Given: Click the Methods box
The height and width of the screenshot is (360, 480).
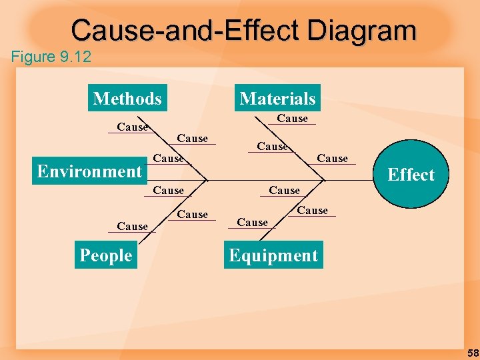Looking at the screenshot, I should (x=127, y=99).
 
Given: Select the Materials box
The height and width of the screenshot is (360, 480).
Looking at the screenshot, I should (x=277, y=99).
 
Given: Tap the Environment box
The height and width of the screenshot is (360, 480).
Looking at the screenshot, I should (x=89, y=171).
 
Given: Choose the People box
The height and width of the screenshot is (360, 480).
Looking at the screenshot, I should (x=106, y=255).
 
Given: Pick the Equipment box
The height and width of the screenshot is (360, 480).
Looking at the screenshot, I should (x=273, y=255).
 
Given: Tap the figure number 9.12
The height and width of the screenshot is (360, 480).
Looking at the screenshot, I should (x=75, y=57).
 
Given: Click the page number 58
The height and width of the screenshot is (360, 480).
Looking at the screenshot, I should (x=471, y=352).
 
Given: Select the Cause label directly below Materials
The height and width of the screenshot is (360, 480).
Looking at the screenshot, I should (x=292, y=119).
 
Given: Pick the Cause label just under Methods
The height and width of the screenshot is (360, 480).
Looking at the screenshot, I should (x=132, y=127).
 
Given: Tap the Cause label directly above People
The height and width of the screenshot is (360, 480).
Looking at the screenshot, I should (x=132, y=227).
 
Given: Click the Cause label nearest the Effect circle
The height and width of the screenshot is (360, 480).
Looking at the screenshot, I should (x=332, y=159).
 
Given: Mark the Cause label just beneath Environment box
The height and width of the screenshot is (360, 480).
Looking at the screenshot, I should (x=168, y=191).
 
